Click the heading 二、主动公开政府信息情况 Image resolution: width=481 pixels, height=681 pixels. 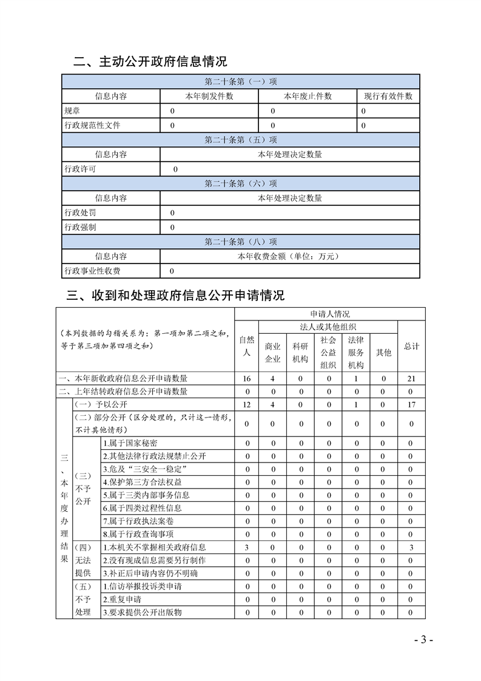click(x=150, y=61)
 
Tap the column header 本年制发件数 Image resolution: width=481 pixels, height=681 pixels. click(x=209, y=96)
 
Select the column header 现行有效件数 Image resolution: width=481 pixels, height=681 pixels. click(x=388, y=96)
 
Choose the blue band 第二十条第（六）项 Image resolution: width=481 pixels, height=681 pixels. click(x=241, y=183)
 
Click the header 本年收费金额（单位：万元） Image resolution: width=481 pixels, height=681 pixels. click(x=290, y=256)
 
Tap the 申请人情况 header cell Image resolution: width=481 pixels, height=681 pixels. click(x=330, y=314)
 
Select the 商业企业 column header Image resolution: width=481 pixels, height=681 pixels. click(x=273, y=352)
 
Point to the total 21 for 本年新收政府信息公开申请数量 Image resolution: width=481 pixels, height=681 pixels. click(x=411, y=379)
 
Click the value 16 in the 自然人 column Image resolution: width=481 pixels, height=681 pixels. click(x=247, y=379)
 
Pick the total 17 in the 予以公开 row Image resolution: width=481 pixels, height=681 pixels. click(x=411, y=404)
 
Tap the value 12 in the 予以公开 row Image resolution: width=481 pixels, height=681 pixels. click(x=247, y=404)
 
